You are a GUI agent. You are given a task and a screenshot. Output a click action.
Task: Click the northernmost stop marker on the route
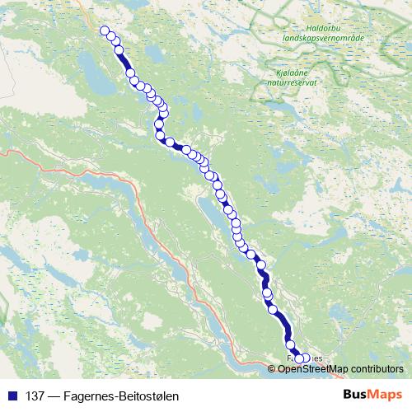pos(105,31)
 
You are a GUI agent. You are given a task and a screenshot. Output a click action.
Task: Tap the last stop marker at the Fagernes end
pos(307,358)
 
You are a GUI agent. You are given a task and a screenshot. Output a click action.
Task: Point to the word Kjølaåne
pos(288,73)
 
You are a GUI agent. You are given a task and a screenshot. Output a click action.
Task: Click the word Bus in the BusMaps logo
pos(356,395)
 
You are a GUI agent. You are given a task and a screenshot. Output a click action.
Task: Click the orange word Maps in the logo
pos(385,395)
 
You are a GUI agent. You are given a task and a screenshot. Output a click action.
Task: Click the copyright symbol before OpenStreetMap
pos(282,368)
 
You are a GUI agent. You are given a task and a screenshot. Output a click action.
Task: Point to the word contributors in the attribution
pos(380,368)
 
